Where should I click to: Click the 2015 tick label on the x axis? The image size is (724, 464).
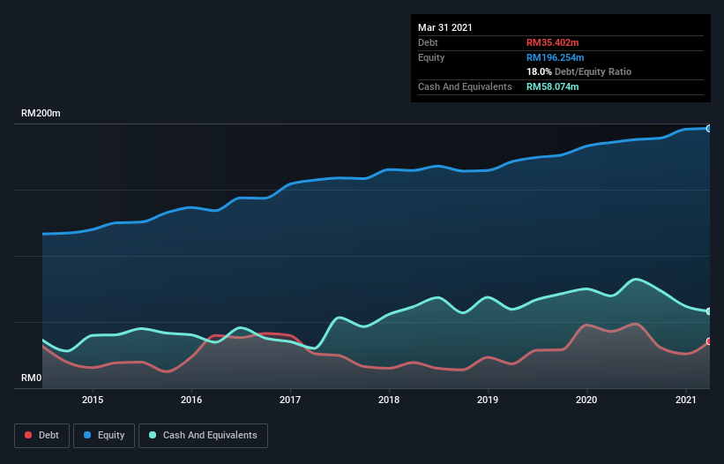93,400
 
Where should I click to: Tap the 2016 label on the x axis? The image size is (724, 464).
191,400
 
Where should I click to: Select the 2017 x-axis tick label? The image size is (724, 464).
290,400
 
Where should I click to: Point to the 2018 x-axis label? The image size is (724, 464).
389,400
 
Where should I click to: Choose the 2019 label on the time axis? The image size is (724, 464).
488,400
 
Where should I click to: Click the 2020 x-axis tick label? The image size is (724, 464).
586,400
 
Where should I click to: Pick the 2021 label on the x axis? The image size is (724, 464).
685,400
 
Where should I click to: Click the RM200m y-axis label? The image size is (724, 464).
41,114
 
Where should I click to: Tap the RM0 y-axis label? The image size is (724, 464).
32,378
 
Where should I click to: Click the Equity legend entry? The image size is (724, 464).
104,435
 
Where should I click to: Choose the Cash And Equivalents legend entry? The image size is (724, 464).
203,435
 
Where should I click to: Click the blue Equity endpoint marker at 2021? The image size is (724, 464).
708,129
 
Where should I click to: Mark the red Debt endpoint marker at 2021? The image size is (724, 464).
708,341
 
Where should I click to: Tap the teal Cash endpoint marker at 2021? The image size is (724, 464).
708,311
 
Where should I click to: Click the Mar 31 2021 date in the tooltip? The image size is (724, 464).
445,27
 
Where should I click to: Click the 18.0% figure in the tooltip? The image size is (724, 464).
539,71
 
